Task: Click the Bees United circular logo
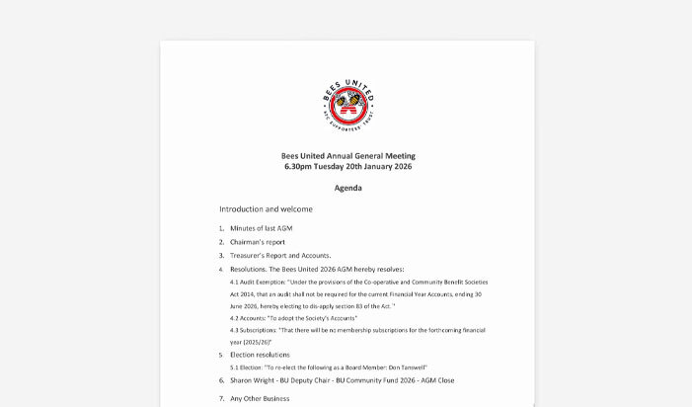(x=347, y=101)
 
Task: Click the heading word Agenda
(x=347, y=188)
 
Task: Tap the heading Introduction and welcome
(x=266, y=209)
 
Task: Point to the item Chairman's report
(x=258, y=242)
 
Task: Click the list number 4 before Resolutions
(x=221, y=270)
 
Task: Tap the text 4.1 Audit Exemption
(x=257, y=282)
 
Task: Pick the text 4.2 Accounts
(x=248, y=317)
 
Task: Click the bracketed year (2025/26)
(x=256, y=341)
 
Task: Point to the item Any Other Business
(x=260, y=398)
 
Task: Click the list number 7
(x=221, y=398)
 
